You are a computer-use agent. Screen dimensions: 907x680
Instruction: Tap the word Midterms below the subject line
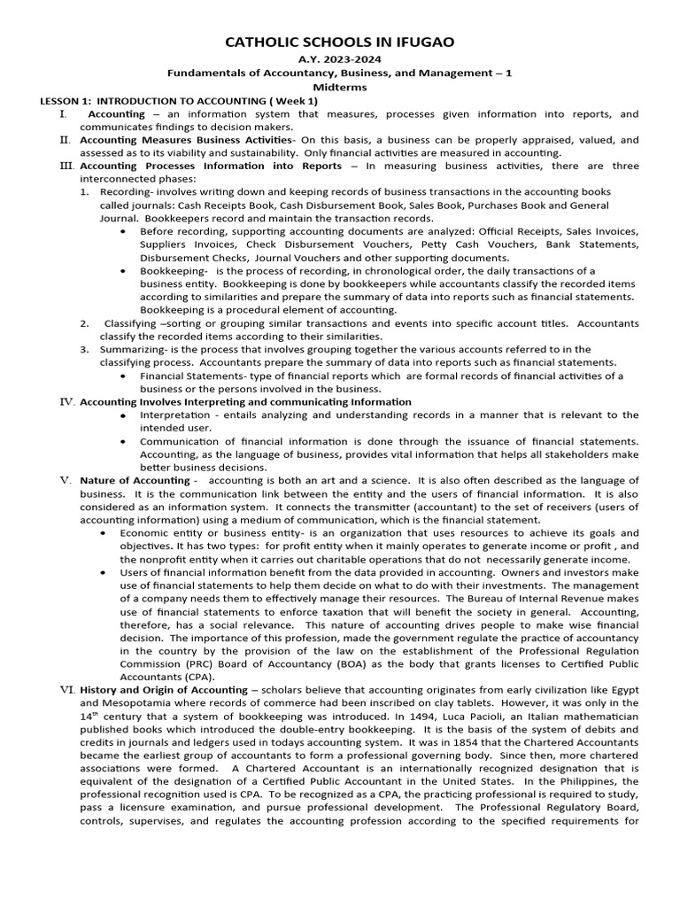tap(341, 88)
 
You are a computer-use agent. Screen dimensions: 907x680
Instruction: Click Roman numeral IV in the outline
tap(66, 401)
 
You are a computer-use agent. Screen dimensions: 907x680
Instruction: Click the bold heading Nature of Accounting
tap(135, 480)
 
